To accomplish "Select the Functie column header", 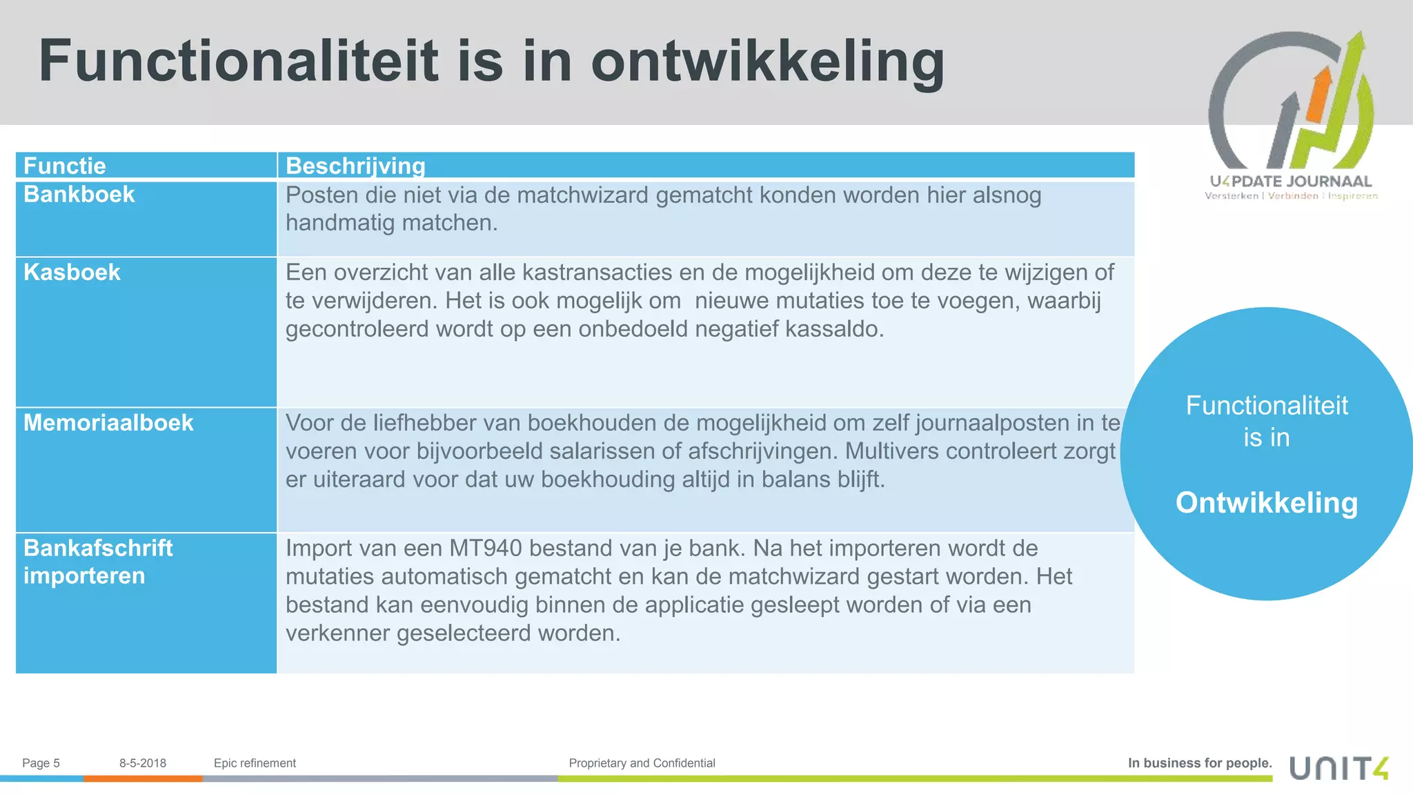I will [x=65, y=166].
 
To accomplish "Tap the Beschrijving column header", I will [x=355, y=166].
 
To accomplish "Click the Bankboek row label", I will [x=79, y=195].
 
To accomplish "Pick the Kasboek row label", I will [x=72, y=273].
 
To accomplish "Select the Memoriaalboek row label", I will [x=108, y=423].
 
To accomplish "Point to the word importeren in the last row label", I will [x=84, y=576].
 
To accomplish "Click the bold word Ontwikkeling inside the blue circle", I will [x=1267, y=503].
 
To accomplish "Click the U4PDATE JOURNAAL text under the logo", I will [x=1290, y=181].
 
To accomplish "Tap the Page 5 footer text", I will [x=41, y=763].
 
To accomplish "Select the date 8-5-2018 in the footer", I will [x=143, y=763].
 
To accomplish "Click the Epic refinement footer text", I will [x=255, y=763].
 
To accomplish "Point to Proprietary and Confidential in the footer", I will [x=642, y=763].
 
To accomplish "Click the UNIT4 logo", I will [x=1338, y=768].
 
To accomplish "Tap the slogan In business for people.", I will [x=1200, y=763].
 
